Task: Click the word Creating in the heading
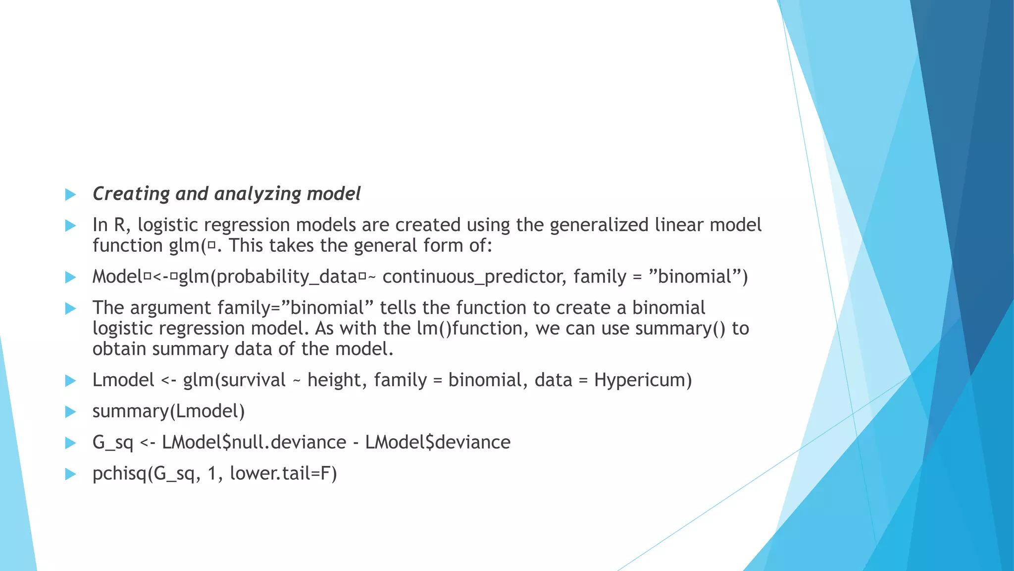pos(131,194)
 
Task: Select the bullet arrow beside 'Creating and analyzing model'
pos(70,194)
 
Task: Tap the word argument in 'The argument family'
pos(171,308)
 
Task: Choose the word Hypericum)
pos(643,380)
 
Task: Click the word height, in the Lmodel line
pos(337,380)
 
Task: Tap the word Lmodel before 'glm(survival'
pos(123,380)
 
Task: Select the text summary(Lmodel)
pos(169,411)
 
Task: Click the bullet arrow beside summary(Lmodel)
pos(70,412)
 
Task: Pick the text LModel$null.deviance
pos(254,442)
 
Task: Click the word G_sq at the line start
pos(113,443)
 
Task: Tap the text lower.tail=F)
pos(283,473)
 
